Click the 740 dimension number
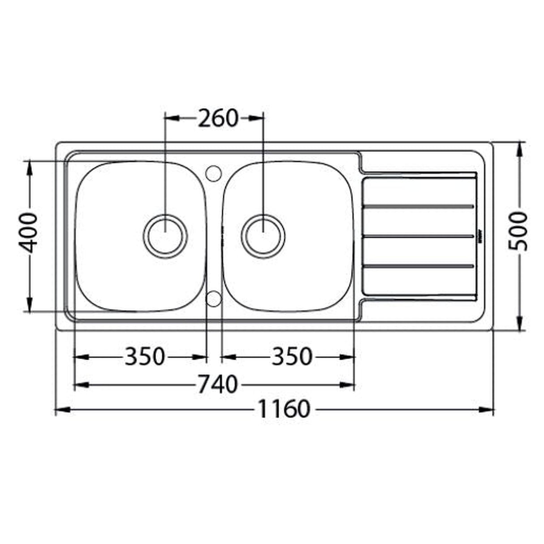tap(217, 384)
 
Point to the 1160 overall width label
tap(284, 409)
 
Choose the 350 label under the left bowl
tap(144, 357)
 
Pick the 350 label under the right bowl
tap(291, 357)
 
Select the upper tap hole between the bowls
tap(213, 172)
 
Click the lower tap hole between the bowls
tap(213, 298)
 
